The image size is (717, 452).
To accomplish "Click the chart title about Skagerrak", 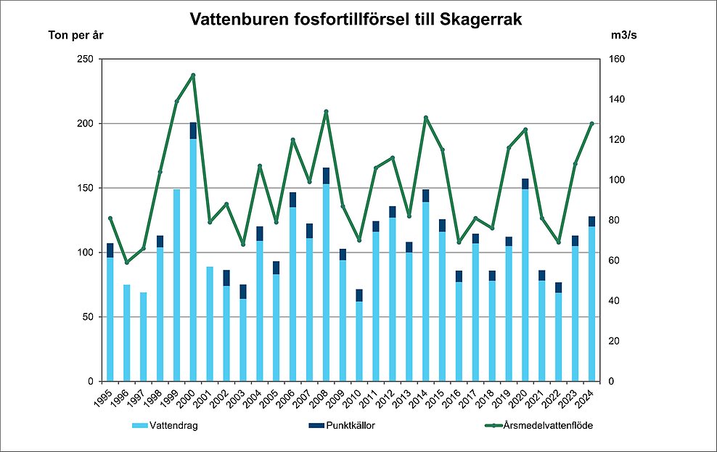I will pos(356,20).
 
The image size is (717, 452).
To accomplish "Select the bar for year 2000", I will pos(193,261).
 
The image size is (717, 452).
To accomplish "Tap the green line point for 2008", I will pos(326,112).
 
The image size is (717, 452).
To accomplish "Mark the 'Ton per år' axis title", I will pos(76,35).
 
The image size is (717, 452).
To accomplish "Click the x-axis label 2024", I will pos(588,397).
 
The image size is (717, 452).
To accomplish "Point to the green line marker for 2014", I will pos(426,118).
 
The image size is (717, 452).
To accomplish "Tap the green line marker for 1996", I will pos(126,262).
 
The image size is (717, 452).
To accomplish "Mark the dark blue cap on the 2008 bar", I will pos(326,176).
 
